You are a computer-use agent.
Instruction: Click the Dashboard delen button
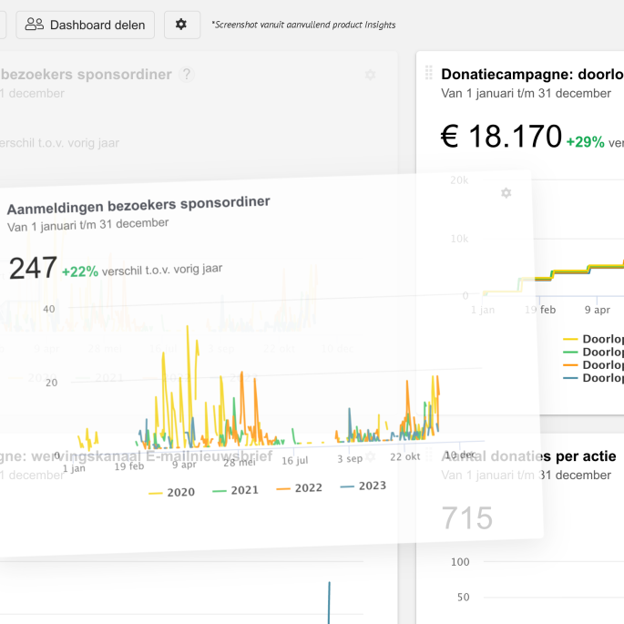coord(86,25)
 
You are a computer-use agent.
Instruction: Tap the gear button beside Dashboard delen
coord(181,25)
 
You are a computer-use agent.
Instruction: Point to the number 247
coord(32,269)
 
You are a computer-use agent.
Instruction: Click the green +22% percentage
coord(80,271)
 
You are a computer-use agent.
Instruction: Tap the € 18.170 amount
coord(500,137)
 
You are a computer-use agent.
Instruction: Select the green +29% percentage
coord(585,142)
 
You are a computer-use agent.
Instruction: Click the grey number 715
coord(467,518)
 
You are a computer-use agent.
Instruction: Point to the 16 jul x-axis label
coord(294,461)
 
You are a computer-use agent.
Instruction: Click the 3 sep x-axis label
coord(349,459)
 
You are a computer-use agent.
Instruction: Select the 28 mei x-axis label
coord(240,463)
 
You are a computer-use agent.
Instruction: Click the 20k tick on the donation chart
coord(459,180)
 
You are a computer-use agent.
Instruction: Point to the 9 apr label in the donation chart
coord(597,310)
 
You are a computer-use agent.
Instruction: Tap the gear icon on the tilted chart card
coord(506,193)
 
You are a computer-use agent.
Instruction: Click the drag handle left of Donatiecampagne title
coord(428,74)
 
